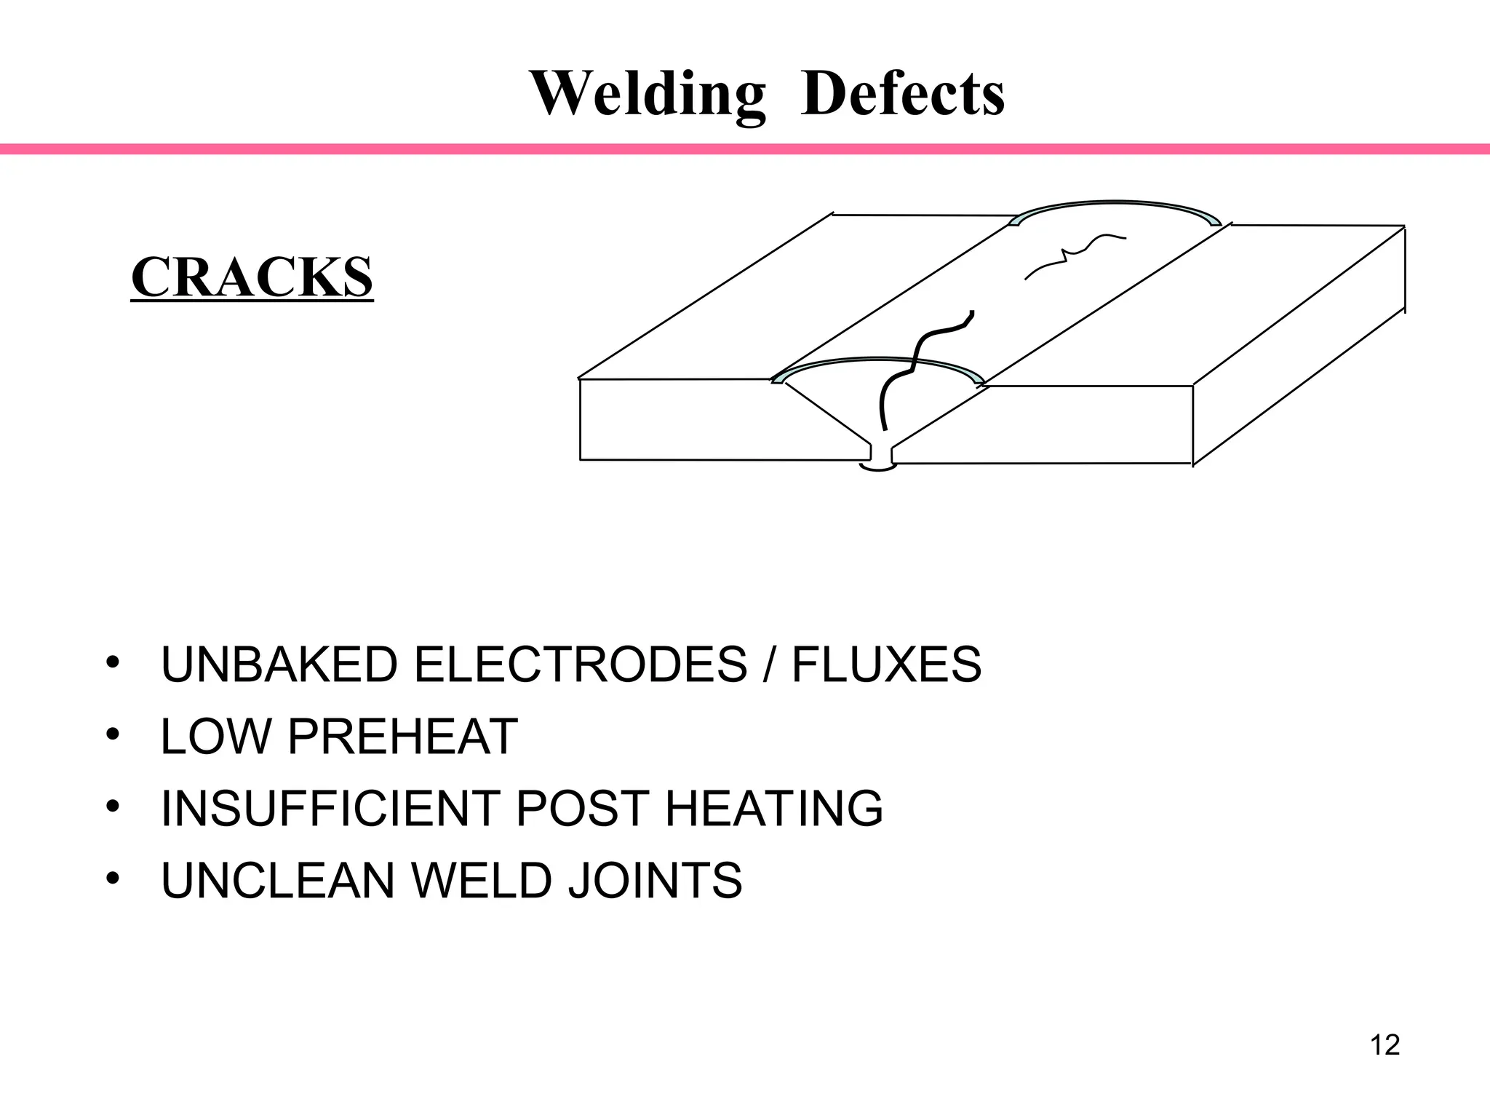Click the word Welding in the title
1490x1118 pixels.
click(648, 95)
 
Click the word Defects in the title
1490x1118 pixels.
click(902, 95)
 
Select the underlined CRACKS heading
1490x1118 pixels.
click(252, 277)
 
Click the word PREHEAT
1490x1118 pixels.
click(402, 737)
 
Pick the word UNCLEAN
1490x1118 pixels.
click(277, 881)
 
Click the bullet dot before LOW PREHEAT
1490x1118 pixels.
click(111, 734)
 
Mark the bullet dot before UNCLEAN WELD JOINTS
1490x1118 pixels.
click(111, 879)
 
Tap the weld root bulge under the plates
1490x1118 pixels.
click(878, 467)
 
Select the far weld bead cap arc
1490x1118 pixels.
click(1113, 205)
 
